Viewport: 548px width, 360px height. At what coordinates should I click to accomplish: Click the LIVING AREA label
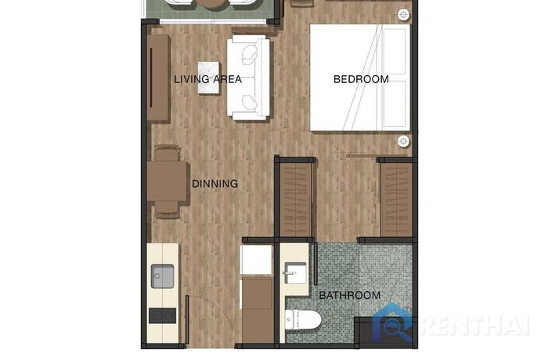208,79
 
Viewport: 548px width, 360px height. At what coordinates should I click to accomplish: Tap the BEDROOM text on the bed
361,79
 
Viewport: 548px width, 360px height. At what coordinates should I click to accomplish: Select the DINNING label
215,183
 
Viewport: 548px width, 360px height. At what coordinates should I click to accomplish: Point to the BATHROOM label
350,295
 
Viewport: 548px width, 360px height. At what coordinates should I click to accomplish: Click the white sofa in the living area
248,77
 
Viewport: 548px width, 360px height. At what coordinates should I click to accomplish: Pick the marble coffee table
209,77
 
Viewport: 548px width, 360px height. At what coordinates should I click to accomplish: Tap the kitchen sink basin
163,276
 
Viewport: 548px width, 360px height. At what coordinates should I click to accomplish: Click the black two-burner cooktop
163,315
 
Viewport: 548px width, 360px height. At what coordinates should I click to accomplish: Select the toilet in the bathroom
303,320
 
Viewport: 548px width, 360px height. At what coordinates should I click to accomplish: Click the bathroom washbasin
294,273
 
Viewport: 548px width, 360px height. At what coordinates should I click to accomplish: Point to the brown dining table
167,181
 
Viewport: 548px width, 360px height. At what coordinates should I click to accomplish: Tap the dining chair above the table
167,153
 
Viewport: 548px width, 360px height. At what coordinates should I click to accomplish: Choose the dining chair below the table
167,210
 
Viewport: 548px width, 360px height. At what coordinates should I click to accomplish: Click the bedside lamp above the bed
404,15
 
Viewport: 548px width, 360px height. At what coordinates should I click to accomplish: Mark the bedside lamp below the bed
404,141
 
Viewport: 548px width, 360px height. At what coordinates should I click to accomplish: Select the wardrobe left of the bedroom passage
296,200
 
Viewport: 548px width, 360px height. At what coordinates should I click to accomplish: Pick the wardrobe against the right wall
397,200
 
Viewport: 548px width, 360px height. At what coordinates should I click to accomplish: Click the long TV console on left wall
158,77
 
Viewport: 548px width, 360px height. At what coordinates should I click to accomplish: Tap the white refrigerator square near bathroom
256,260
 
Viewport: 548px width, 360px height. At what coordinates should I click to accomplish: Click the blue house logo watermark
394,323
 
